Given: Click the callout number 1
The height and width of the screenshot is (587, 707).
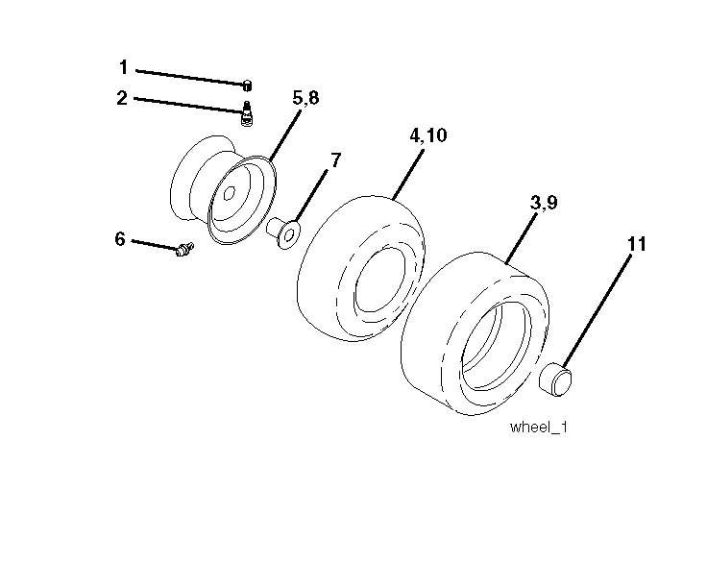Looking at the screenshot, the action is click(x=123, y=67).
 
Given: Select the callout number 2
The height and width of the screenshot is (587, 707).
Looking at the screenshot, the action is click(x=122, y=98).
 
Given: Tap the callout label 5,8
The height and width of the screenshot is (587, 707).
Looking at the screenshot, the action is click(x=305, y=97).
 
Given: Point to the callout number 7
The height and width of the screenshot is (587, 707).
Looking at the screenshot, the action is click(x=336, y=159).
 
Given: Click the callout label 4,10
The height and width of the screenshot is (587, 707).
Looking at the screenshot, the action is click(x=427, y=135).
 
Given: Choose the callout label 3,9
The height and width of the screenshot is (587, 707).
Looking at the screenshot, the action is click(x=544, y=203).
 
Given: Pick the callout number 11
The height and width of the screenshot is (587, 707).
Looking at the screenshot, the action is click(x=637, y=244).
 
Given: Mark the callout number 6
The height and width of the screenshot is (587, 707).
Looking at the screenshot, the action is click(x=119, y=239).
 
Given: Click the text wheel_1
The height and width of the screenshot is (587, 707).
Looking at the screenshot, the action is click(x=538, y=427).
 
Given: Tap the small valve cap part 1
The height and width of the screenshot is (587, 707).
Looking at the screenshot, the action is click(x=247, y=86).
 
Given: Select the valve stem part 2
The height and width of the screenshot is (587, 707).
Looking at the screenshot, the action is click(x=247, y=113).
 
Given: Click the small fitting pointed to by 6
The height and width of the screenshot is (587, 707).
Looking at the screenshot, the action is click(x=184, y=249).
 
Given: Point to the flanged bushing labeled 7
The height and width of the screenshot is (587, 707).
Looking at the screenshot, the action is click(x=283, y=232).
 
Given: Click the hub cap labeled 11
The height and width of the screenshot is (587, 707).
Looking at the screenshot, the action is click(x=555, y=379).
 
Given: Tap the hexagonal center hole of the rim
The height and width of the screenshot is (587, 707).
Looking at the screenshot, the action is click(x=229, y=193).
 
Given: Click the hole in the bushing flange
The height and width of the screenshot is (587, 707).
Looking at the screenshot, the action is click(x=289, y=234).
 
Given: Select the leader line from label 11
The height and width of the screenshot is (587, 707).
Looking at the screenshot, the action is click(x=597, y=312).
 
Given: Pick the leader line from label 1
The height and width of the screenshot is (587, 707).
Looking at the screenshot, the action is click(x=191, y=77).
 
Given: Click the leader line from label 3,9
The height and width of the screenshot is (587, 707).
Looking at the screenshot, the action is click(x=522, y=238).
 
